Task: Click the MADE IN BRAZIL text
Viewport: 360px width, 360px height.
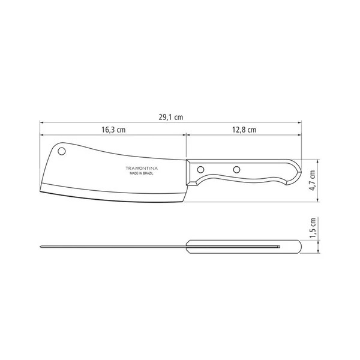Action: (142, 175)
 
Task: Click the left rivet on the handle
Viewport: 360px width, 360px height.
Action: (203, 169)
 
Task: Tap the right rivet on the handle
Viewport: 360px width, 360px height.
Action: (236, 169)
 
